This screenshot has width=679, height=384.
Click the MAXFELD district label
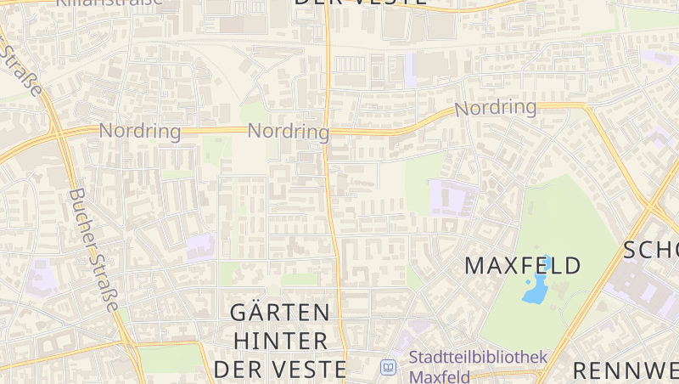click(x=523, y=265)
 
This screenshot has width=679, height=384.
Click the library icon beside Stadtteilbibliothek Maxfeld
click(x=388, y=367)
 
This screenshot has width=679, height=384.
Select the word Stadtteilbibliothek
click(x=478, y=358)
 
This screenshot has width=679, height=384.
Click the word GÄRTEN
click(x=280, y=312)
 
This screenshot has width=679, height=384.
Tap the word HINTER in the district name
click(x=280, y=341)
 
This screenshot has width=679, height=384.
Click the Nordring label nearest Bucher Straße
click(x=140, y=131)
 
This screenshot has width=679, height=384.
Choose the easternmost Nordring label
click(x=496, y=108)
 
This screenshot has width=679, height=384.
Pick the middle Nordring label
click(x=288, y=132)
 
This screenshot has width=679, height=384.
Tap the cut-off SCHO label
click(x=651, y=250)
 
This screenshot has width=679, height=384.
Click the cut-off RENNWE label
click(x=626, y=370)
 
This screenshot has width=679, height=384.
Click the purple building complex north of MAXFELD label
click(x=448, y=197)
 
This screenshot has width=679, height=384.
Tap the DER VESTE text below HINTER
click(x=280, y=370)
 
